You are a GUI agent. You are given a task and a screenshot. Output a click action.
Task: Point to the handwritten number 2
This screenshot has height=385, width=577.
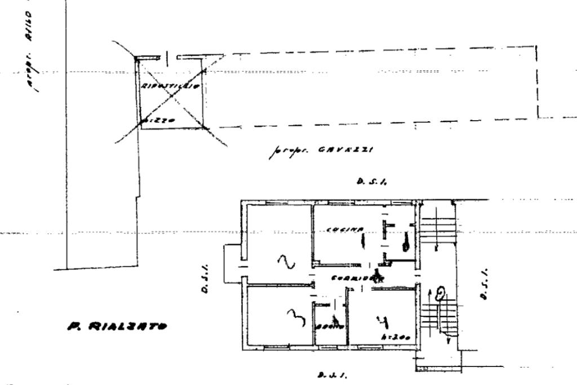pos(286,262)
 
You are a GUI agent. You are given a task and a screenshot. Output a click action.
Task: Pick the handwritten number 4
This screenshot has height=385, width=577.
pos(383,322)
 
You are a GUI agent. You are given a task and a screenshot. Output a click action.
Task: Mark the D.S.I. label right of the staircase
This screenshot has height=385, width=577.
pos(485,284)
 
